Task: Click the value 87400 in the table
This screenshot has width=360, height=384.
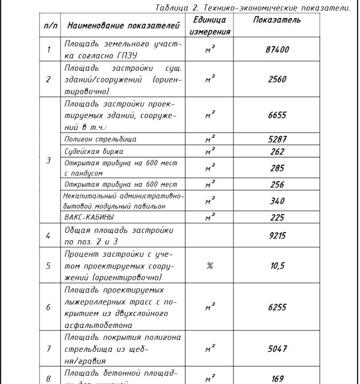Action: pos(277,50)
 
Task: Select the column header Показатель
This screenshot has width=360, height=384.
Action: pos(277,20)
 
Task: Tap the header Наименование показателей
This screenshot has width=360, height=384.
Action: pos(123,26)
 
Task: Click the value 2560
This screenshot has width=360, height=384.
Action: pos(277,79)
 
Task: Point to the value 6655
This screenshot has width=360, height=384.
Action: pos(277,115)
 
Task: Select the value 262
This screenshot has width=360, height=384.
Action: pos(277,152)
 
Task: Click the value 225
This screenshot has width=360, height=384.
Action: pos(277,217)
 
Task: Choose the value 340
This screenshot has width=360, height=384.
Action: pos(277,201)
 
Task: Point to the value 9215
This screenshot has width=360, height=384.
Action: pos(277,236)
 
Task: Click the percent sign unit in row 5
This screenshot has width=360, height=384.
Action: pos(210,266)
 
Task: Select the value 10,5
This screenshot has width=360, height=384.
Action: pos(277,266)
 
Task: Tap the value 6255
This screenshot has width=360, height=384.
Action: pos(277,308)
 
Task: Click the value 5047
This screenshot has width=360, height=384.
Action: pos(277,349)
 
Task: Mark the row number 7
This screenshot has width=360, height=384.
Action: pos(49,349)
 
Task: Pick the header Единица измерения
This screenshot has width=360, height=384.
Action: pos(210,26)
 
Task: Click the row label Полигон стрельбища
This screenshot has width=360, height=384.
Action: pos(100,139)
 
